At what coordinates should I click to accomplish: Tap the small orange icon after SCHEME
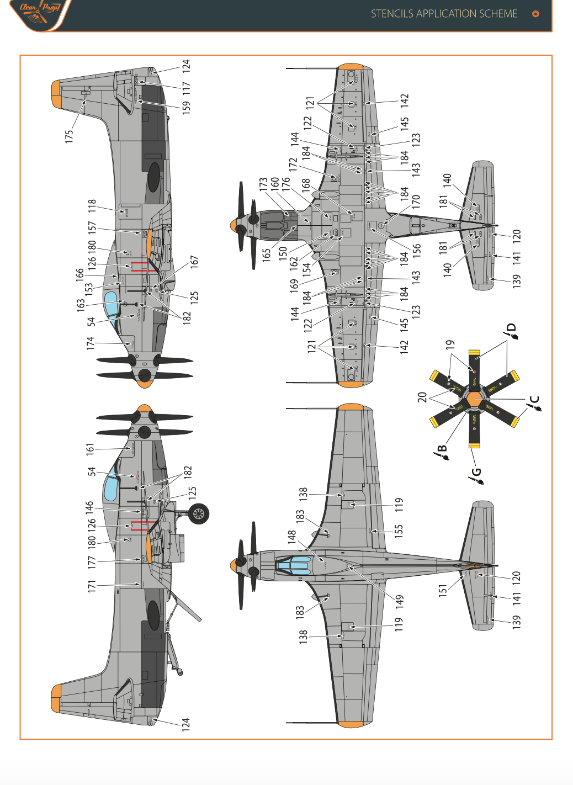point(535,14)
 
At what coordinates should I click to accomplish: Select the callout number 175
point(69,136)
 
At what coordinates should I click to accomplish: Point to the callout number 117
point(186,88)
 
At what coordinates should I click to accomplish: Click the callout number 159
point(186,106)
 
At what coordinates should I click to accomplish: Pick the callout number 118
point(92,206)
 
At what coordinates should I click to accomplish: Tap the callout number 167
point(194,262)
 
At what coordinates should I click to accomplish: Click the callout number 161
point(90,449)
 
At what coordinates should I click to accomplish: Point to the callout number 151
point(442,591)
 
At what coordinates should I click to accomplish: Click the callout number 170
point(416,201)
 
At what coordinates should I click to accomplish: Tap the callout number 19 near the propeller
point(450,344)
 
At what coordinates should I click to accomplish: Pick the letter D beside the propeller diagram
point(511,327)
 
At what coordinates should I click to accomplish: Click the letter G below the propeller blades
point(476,473)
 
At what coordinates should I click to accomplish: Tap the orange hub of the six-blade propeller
point(474,399)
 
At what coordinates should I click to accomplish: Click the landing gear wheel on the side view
point(198,515)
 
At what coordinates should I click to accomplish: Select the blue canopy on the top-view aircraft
point(293,566)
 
